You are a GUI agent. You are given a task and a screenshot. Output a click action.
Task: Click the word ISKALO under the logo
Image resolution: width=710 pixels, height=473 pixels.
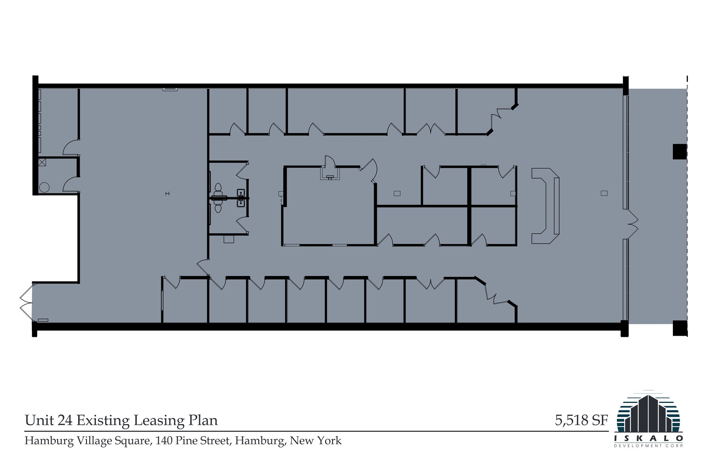pyautogui.click(x=648, y=438)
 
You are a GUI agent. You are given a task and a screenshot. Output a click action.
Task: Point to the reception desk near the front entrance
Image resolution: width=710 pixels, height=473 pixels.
pyautogui.click(x=545, y=206)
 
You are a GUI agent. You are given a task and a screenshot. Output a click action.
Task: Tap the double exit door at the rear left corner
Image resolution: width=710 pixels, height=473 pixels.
pyautogui.click(x=26, y=302)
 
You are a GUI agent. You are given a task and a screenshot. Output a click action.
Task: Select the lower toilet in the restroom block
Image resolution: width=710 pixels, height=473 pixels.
pyautogui.click(x=218, y=208)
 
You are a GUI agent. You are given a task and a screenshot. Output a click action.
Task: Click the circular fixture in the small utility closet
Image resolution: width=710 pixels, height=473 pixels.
pyautogui.click(x=44, y=187)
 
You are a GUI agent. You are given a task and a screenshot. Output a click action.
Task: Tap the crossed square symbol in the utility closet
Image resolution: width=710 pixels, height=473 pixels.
pyautogui.click(x=42, y=162)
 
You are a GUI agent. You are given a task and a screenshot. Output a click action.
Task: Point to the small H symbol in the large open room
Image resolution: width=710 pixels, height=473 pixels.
pyautogui.click(x=167, y=194)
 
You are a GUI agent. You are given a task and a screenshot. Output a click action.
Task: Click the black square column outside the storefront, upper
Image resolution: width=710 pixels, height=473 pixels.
pyautogui.click(x=679, y=152)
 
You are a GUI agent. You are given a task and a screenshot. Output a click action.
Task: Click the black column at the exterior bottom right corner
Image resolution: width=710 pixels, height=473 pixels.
pyautogui.click(x=679, y=328)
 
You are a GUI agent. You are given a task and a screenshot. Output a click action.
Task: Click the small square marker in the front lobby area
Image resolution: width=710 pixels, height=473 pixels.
pyautogui.click(x=604, y=193)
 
